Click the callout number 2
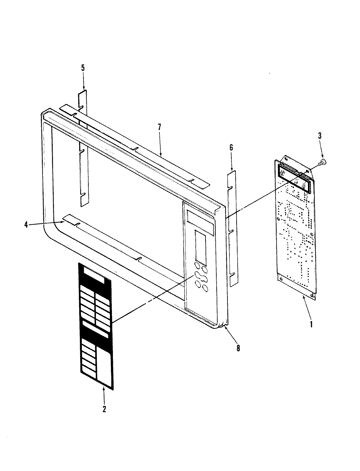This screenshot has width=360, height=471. click(x=104, y=409)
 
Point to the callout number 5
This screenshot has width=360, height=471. click(x=83, y=68)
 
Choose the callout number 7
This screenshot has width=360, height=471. click(x=159, y=128)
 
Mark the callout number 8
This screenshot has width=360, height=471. click(x=238, y=348)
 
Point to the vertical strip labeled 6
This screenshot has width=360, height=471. click(x=232, y=229)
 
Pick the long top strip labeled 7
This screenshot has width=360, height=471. click(x=137, y=144)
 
